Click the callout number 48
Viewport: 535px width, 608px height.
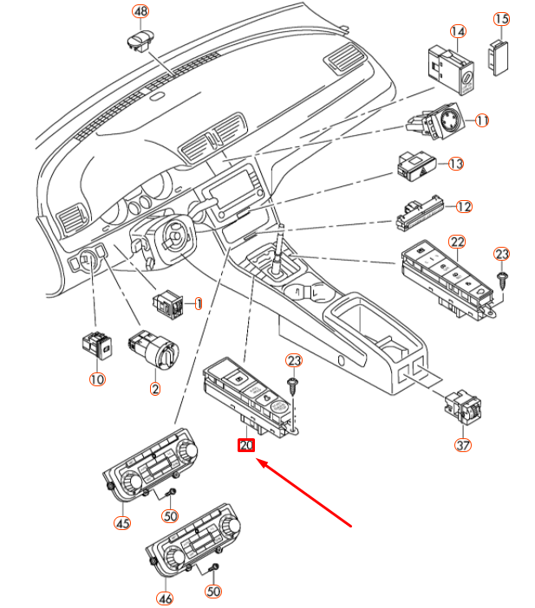click(140, 11)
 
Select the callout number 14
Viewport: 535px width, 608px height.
click(458, 31)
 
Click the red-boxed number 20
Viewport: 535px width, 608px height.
click(246, 445)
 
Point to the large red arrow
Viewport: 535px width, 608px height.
click(303, 494)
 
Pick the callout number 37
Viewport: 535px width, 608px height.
click(465, 445)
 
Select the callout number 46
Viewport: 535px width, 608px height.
click(164, 598)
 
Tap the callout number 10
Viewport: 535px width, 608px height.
click(96, 378)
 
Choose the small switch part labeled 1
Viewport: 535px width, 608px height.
click(166, 303)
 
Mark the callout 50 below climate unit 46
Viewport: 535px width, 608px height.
click(212, 592)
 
